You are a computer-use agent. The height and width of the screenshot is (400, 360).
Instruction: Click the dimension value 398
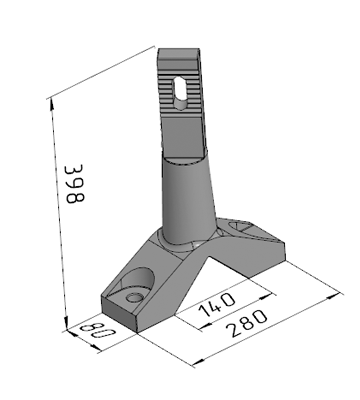coord(74,184)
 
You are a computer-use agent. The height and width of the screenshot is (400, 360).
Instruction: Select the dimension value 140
coord(217,304)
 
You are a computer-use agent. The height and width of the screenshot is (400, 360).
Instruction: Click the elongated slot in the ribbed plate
coord(180,94)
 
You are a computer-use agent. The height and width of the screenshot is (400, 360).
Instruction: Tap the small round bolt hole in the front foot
coord(135,297)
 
